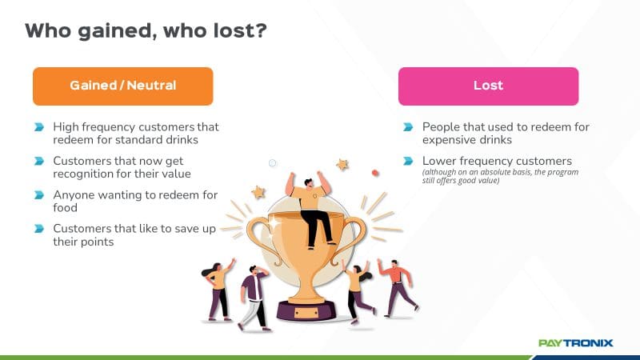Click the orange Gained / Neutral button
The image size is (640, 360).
point(123,86)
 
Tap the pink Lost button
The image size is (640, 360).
point(488,86)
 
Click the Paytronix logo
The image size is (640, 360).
point(575,343)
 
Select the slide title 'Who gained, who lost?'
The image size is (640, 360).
point(146,30)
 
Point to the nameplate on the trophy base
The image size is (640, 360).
point(306,313)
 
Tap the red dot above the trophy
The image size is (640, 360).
point(375,173)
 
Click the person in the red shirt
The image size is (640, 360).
point(396,288)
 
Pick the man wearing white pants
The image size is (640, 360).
point(254,297)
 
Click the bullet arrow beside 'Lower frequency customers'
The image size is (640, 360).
point(408,161)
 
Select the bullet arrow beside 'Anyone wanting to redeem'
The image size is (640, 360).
point(38,194)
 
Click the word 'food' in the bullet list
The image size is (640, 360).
point(66,208)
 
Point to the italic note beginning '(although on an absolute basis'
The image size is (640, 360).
point(501,176)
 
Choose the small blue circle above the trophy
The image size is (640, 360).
point(273,163)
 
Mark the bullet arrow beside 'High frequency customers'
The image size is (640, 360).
point(38,127)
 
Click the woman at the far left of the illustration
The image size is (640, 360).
point(218,290)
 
